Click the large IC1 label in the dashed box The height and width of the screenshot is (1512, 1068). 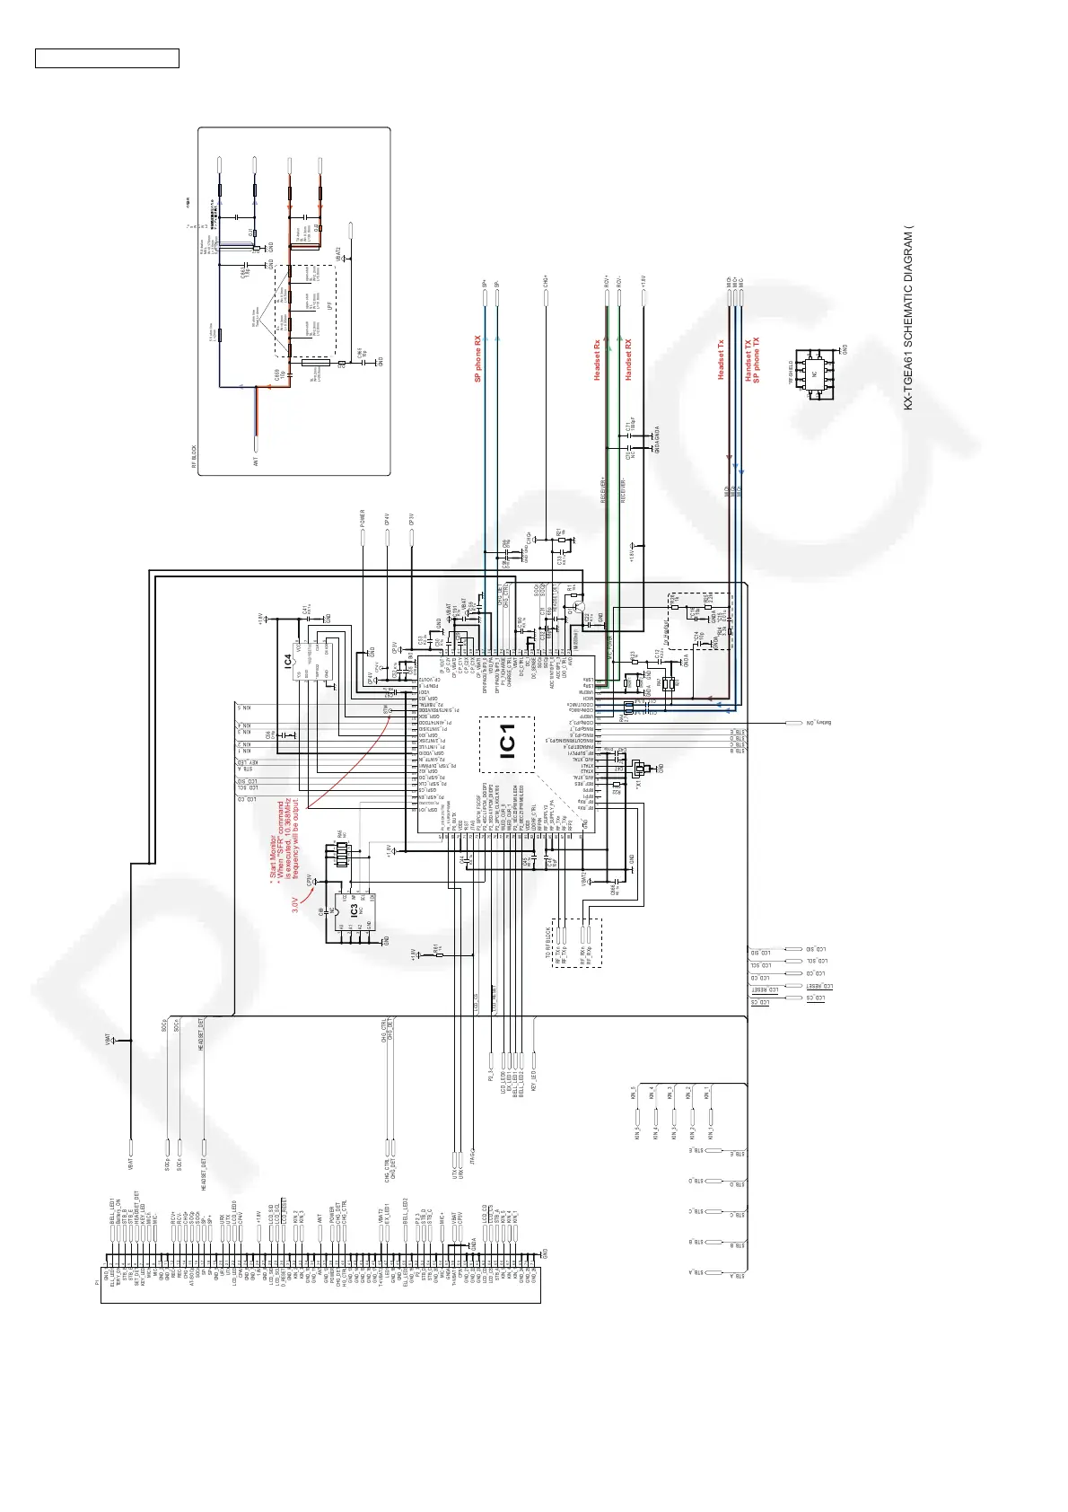506,744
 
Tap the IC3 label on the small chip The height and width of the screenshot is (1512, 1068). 355,909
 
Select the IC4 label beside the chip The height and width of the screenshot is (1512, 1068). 287,663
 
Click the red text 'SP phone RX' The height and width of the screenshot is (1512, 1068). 478,359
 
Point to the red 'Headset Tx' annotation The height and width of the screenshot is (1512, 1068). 721,360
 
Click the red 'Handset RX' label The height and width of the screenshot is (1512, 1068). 628,359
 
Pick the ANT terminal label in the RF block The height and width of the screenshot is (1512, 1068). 256,462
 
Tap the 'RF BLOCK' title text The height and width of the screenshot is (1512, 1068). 194,457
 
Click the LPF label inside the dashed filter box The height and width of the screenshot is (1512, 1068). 331,306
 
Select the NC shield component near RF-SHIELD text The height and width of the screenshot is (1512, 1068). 815,374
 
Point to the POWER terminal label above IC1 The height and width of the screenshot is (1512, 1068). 363,520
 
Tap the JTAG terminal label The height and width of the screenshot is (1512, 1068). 471,1159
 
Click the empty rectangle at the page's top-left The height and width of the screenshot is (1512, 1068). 107,58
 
